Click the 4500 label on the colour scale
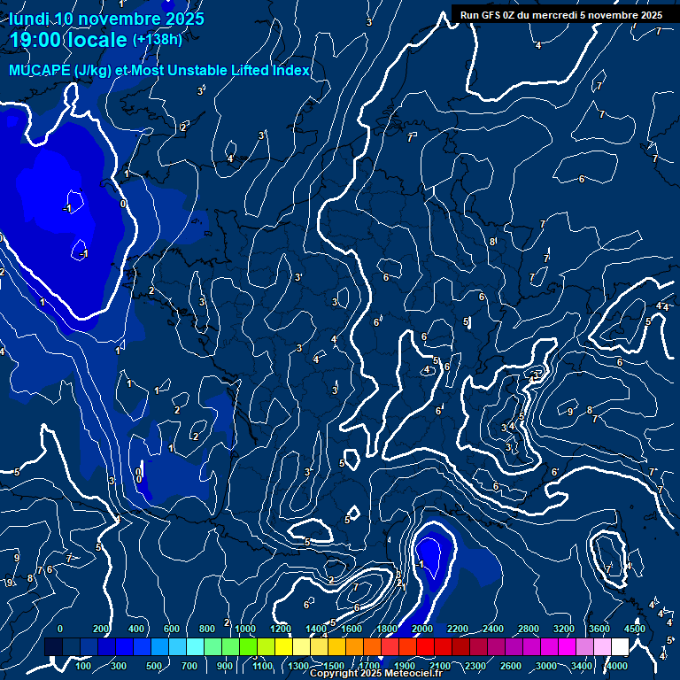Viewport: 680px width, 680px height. coord(634,629)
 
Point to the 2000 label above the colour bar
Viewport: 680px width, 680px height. coord(422,629)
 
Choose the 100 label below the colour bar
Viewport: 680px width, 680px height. coord(83,666)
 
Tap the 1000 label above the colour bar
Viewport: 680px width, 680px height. coord(245,629)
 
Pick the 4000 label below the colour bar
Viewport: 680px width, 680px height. coord(618,666)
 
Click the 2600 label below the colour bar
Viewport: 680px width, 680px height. coord(511,666)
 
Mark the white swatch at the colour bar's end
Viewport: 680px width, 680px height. coord(620,647)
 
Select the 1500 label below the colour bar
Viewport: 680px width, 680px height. coord(334,666)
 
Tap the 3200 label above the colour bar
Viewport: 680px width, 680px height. coord(564,629)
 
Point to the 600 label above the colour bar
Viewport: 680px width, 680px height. coord(172,629)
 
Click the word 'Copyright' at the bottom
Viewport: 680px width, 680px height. coord(334,674)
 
